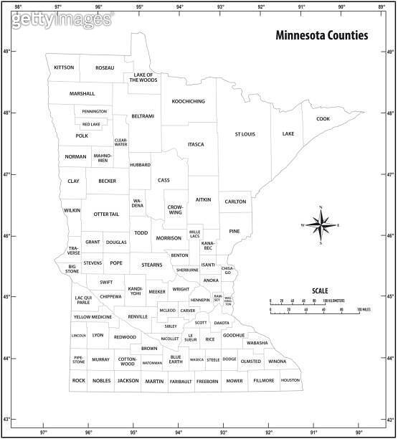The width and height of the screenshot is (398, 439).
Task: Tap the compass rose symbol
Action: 321,225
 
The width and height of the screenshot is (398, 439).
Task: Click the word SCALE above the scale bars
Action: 320,291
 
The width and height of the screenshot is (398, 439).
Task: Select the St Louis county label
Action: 245,134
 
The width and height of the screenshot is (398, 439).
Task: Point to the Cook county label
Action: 323,118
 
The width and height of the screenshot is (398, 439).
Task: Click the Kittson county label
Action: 64,67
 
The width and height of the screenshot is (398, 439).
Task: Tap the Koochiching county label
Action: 188,101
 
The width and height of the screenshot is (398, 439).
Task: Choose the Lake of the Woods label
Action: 143,77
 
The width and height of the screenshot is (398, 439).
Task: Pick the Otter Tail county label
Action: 106,214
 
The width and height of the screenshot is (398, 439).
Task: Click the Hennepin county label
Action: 200,300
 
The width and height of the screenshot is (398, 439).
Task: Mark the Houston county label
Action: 290,380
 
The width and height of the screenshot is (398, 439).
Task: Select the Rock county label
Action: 78,380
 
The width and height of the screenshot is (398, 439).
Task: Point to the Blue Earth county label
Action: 176,359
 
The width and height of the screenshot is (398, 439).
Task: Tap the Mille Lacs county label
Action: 194,235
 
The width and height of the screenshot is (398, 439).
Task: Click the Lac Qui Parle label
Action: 83,300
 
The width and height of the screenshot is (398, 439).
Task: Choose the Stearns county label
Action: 152,265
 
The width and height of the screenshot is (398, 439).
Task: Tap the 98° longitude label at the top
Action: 17,6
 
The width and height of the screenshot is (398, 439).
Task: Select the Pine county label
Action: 234,231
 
